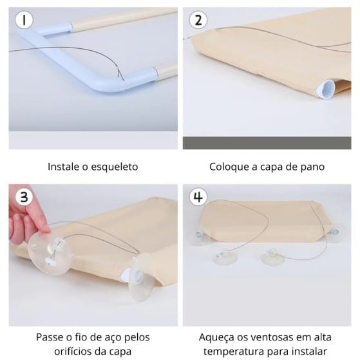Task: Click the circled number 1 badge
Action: (24, 20)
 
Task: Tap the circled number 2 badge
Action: (198, 20)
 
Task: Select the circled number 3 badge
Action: (24, 197)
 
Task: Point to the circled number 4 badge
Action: (198, 197)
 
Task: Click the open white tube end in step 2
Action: (326, 88)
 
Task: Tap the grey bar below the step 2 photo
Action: (267, 143)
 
